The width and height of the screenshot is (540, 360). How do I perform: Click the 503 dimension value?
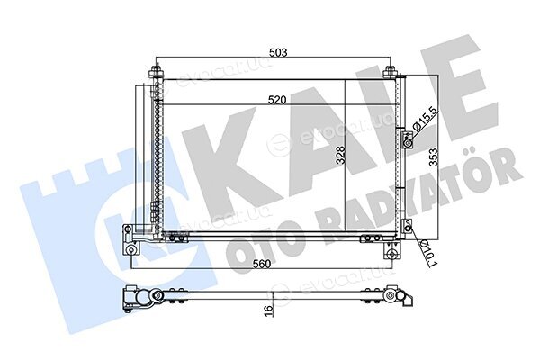coord(278,53)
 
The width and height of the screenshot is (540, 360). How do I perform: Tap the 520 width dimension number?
coord(278,100)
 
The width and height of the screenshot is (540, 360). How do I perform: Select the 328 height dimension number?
coord(340,156)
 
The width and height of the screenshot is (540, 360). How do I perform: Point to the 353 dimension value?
coord(434,157)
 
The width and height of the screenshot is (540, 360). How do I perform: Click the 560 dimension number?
coord(262,264)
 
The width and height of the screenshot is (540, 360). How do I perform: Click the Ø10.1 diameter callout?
coord(427,253)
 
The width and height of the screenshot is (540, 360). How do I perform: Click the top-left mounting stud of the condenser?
coord(157,72)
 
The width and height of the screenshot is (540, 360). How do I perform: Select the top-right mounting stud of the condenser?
coord(391,72)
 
